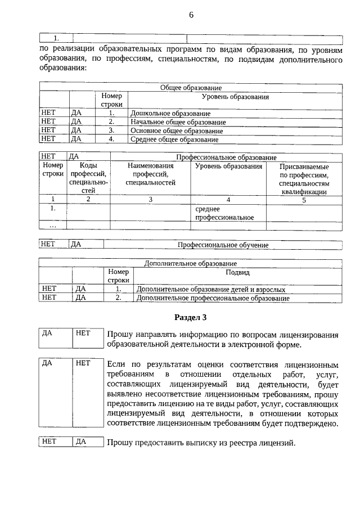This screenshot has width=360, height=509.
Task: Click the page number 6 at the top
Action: coord(191,15)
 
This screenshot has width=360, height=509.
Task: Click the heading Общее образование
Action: coord(191,88)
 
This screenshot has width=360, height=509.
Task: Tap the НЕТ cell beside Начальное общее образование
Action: coord(49,121)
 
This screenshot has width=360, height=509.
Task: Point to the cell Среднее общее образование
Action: coord(174,139)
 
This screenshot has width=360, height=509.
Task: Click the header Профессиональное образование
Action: coord(226,157)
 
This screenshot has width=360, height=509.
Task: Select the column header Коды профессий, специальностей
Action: coord(88,178)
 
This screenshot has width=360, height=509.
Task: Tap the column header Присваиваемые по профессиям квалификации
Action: coord(304,179)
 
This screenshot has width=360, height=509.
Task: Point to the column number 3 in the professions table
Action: coord(150,199)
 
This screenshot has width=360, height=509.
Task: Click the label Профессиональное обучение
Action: coord(223,245)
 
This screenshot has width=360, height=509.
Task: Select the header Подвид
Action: coord(237,272)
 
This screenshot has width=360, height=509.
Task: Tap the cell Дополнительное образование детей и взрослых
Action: coord(211,289)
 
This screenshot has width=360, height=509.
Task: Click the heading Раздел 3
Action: coord(191,317)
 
